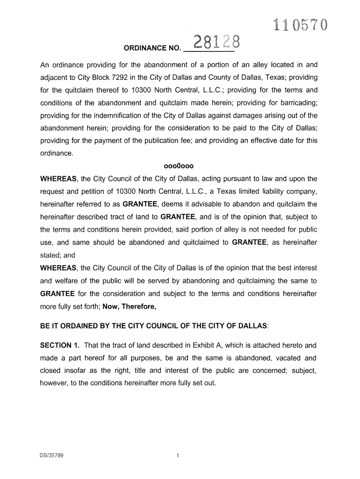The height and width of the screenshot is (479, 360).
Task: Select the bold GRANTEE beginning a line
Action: (x=58, y=294)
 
